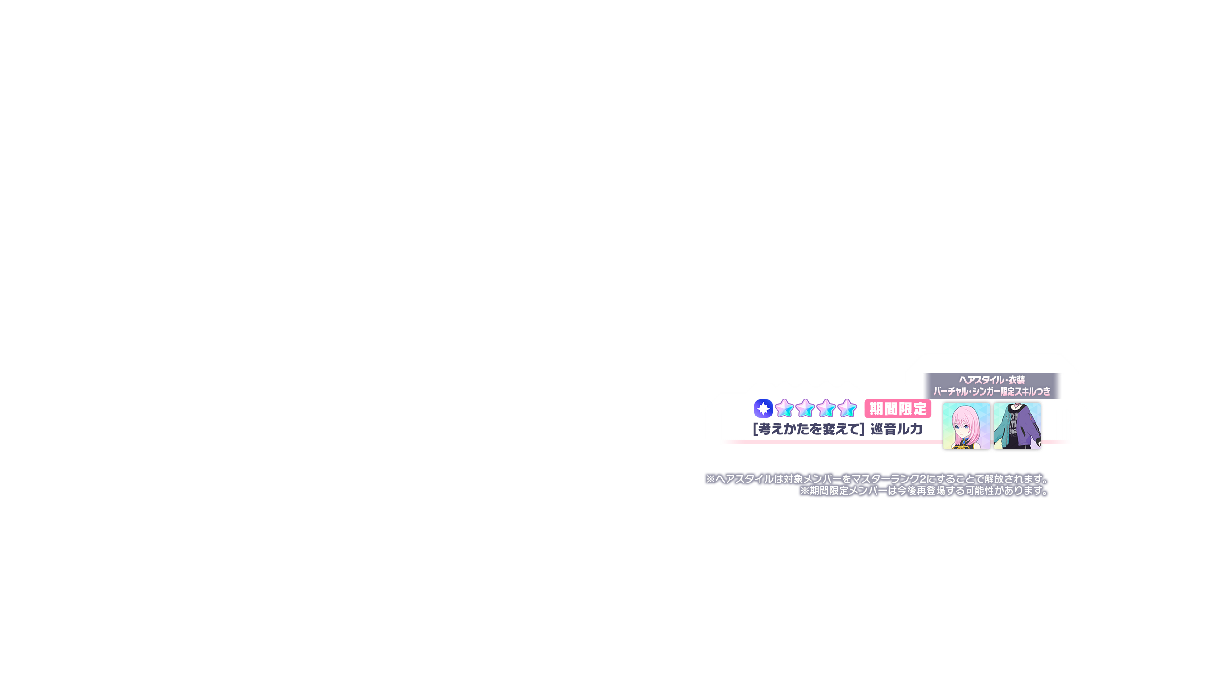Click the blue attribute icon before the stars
click(763, 409)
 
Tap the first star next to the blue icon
click(784, 409)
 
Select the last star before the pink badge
click(847, 409)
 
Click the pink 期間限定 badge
click(898, 409)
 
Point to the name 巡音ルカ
click(896, 429)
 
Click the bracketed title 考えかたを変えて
click(809, 429)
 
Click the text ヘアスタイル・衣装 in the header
click(992, 380)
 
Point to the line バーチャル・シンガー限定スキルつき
click(992, 391)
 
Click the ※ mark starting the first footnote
click(711, 479)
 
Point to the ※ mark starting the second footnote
click(805, 491)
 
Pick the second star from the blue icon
click(805, 409)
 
